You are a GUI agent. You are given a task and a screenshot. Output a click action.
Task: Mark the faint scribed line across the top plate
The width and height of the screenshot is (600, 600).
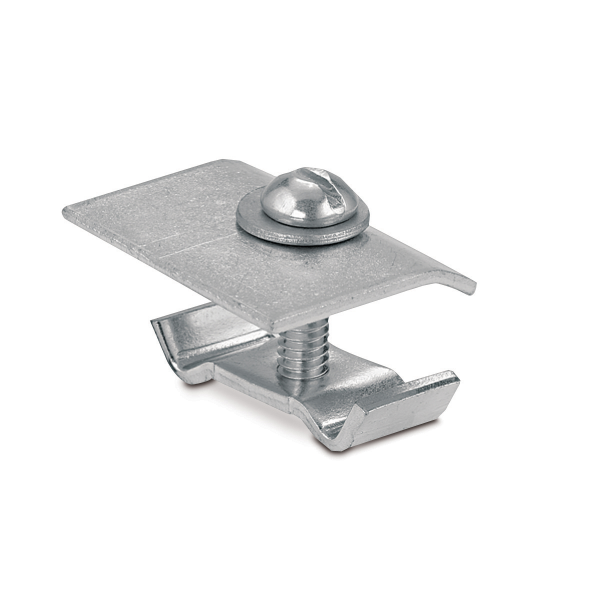click(x=200, y=245)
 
